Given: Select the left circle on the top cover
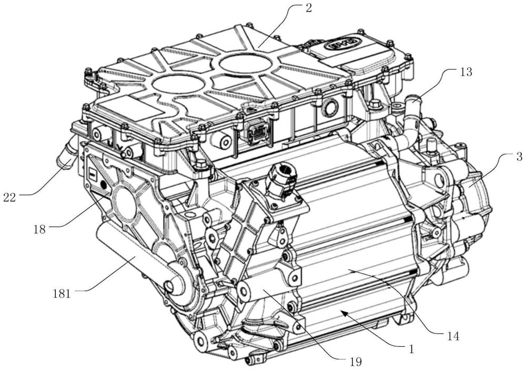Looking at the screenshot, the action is coord(177,84).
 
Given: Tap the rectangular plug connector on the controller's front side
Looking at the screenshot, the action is coord(256,129).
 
